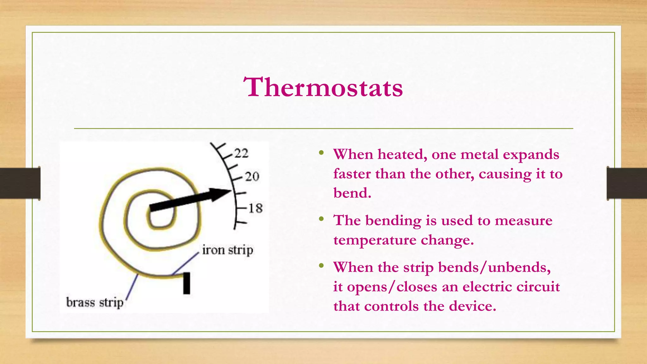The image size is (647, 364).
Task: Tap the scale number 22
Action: [241, 153]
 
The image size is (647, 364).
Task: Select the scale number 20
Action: [252, 176]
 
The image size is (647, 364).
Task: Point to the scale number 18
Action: [255, 208]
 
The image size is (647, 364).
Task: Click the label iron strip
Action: [227, 250]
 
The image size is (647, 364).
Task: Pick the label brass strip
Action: [95, 302]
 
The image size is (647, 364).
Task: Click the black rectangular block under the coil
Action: [187, 283]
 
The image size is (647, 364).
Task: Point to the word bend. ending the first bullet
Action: [352, 193]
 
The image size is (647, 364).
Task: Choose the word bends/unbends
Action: [494, 267]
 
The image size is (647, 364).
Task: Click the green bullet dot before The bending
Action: [321, 219]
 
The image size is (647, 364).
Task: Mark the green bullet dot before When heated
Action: [321, 153]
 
